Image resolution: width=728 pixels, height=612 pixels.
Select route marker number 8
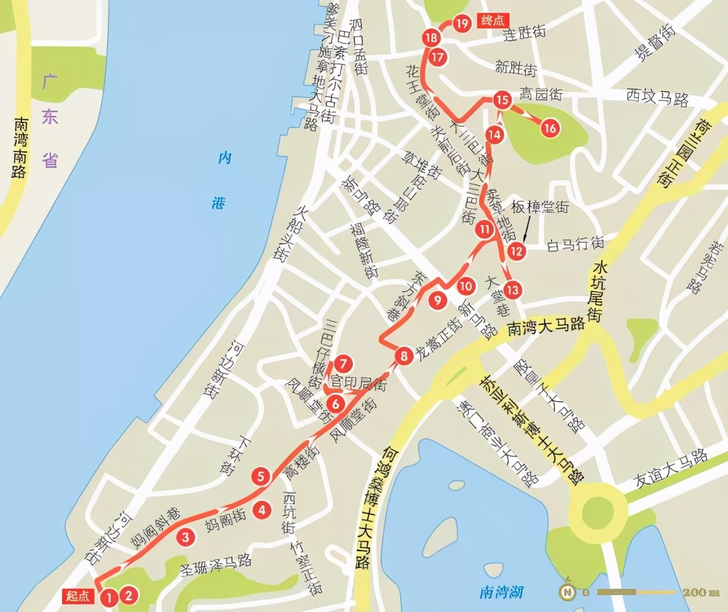(403, 355)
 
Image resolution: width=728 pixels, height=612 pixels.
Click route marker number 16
(550, 128)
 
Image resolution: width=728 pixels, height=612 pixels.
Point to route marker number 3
(186, 536)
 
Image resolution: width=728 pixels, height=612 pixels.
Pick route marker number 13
(513, 289)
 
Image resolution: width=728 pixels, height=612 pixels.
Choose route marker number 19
(461, 24)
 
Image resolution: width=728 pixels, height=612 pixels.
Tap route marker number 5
(261, 477)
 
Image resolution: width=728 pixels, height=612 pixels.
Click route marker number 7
(343, 363)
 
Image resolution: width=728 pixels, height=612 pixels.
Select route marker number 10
(466, 286)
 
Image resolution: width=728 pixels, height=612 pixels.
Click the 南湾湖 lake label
(501, 591)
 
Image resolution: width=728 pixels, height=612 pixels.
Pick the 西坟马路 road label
(657, 98)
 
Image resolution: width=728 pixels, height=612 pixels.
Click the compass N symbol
(568, 591)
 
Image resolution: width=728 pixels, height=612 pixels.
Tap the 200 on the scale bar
(701, 593)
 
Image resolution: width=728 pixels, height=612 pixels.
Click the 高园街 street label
(541, 94)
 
